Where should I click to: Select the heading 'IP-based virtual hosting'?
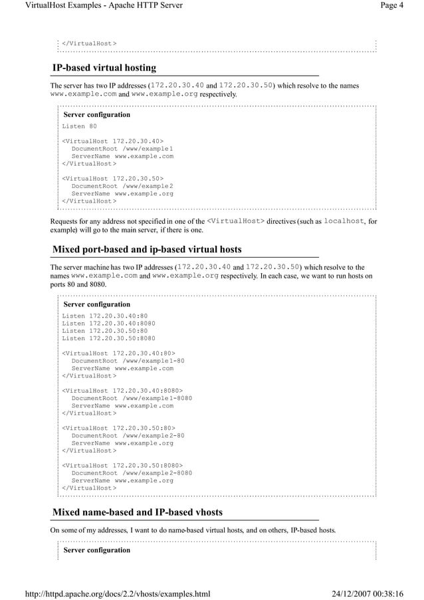tap(104, 68)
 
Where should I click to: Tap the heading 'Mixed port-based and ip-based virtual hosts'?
tap(147, 250)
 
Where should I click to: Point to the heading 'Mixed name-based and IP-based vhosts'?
tap(138, 512)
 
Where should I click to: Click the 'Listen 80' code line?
tap(80, 126)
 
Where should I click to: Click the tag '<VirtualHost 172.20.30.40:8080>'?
tap(123, 391)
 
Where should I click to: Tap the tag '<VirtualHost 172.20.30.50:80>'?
tap(119, 428)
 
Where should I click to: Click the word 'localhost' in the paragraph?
tap(344, 221)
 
